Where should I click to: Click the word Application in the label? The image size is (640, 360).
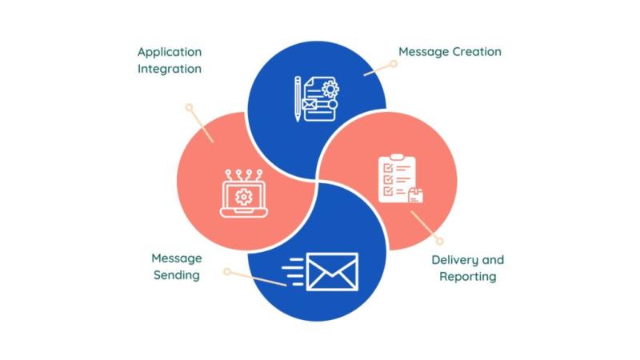point(170,52)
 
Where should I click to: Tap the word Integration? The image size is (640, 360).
point(170,69)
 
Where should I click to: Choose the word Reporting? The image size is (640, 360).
point(468,277)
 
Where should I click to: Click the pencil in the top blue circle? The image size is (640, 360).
point(298,98)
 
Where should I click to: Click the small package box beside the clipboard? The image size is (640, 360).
point(415,197)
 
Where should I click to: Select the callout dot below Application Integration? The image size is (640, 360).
point(189,106)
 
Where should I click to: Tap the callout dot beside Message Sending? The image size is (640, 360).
point(227,272)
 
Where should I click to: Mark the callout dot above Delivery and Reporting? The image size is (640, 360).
point(439,240)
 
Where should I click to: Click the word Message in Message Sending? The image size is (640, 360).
point(177,258)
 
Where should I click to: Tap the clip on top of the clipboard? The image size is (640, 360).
point(397,158)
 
